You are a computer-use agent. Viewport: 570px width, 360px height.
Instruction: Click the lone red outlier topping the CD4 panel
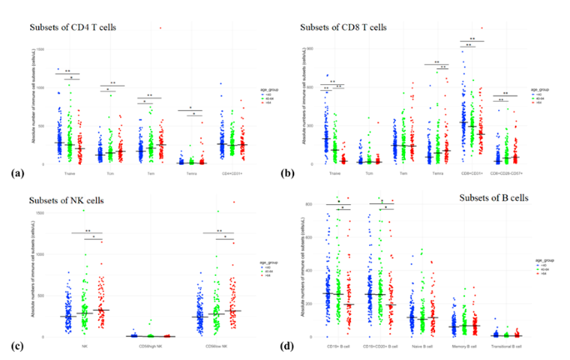click(161, 27)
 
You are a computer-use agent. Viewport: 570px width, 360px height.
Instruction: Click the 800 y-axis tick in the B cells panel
click(307, 203)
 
